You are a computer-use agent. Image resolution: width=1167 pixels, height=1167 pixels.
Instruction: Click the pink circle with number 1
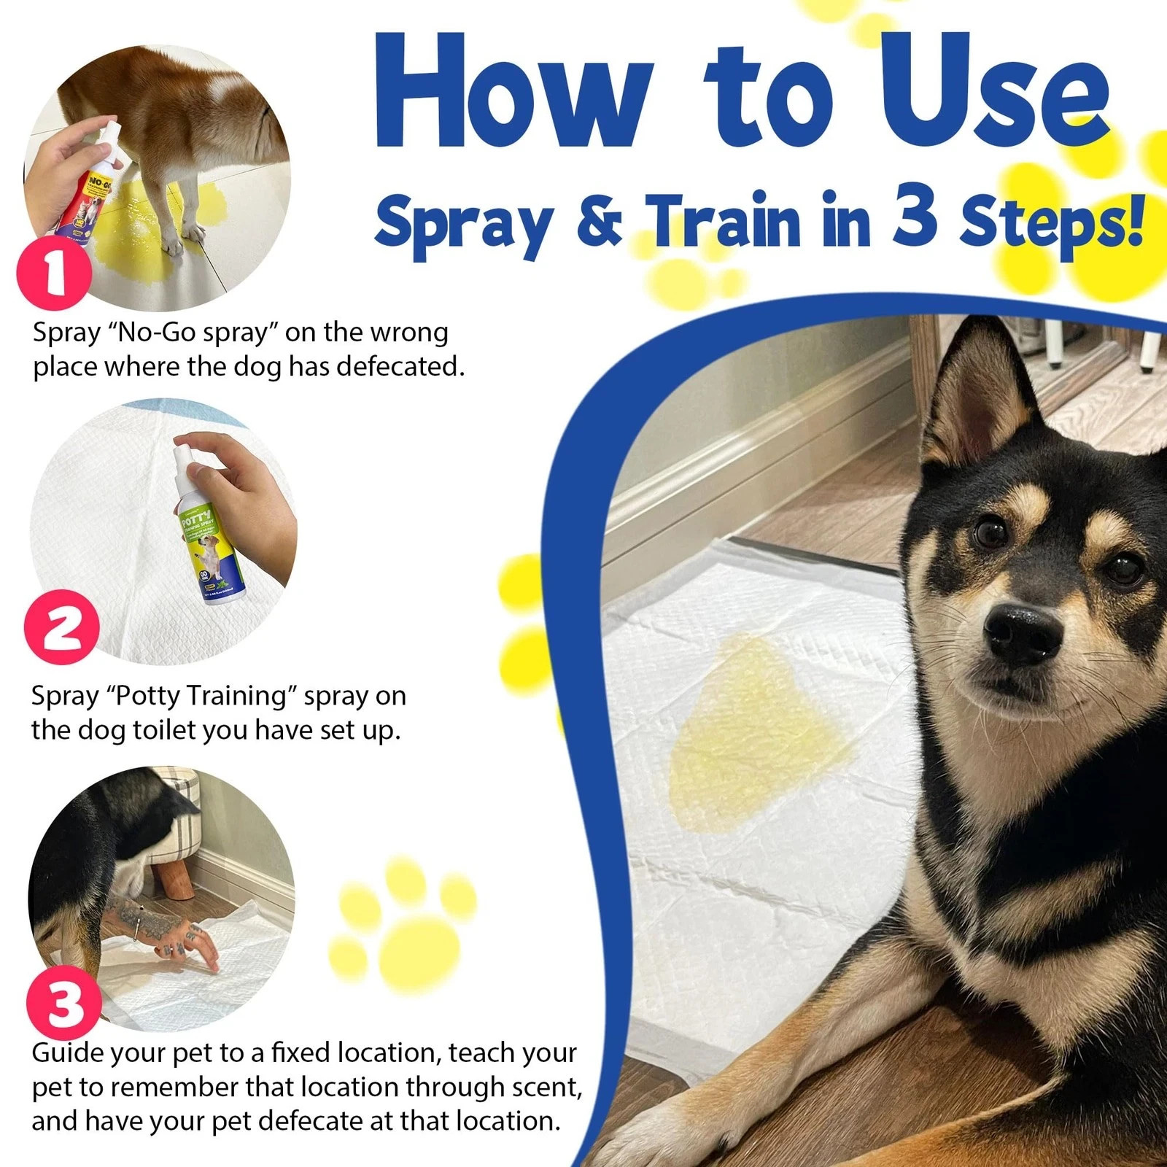tap(54, 275)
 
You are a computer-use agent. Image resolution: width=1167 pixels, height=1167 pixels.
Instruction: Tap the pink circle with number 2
tap(61, 627)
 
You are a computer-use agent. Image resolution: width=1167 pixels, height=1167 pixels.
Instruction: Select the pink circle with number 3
tap(64, 1002)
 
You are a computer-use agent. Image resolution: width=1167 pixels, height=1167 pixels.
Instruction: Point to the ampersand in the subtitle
tap(600, 222)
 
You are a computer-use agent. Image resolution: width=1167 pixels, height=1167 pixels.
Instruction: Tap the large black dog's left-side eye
tap(990, 533)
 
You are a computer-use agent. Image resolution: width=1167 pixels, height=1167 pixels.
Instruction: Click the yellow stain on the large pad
tap(759, 737)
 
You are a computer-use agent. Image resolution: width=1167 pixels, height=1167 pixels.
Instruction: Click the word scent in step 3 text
tap(543, 1087)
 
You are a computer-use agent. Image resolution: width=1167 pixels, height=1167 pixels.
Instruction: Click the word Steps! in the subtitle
tap(1050, 222)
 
